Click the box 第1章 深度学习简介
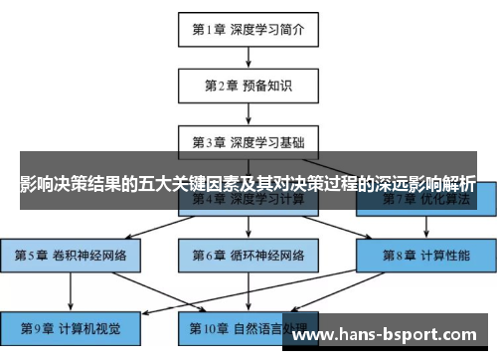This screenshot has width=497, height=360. [248, 29]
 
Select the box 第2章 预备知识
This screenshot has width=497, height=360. [248, 86]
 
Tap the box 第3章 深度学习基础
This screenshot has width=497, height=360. [248, 142]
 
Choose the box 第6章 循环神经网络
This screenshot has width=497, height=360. [248, 256]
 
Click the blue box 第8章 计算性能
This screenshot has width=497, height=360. [426, 256]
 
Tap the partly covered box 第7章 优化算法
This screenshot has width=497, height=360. [426, 202]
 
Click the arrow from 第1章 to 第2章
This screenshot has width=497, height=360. [248, 57]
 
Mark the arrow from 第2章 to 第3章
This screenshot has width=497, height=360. [248, 113]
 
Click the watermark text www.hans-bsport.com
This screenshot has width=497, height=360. [389, 335]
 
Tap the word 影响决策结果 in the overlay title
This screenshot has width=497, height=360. [70, 185]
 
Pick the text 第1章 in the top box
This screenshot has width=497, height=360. [210, 29]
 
